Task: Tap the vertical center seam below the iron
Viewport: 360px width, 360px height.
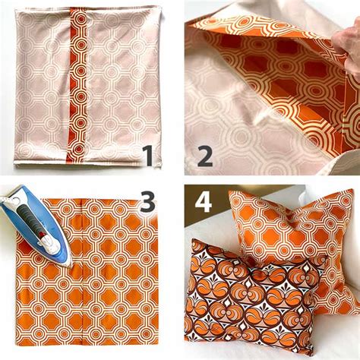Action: click(78, 311)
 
